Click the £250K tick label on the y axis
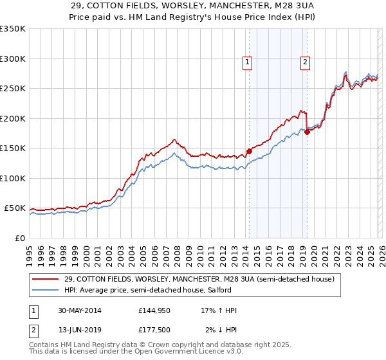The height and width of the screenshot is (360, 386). click(12, 89)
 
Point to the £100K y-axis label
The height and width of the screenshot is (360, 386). click(12, 178)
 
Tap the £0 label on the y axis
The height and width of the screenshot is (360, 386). click(19, 238)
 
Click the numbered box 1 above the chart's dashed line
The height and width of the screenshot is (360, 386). click(248, 62)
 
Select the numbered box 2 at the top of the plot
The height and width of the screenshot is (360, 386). click(304, 62)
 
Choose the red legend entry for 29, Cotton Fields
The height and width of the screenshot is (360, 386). click(199, 280)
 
